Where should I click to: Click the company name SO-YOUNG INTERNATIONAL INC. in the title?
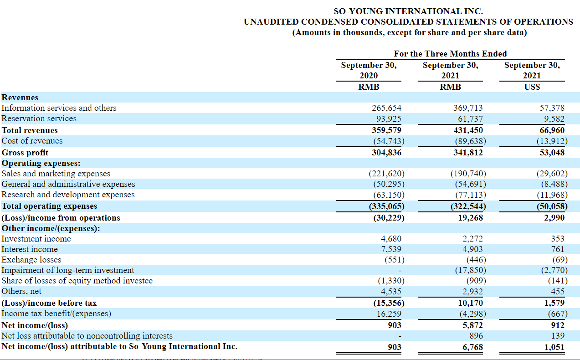tap(408, 11)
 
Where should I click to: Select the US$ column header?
tap(532, 87)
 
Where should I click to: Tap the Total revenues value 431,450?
tap(468, 130)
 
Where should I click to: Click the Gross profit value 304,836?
tap(386, 152)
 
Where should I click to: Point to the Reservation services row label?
tap(39, 118)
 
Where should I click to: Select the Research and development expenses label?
tap(68, 195)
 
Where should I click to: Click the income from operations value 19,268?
tap(470, 217)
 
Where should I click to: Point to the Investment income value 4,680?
tap(391, 238)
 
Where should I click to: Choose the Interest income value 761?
tap(557, 249)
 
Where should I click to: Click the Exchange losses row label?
tap(31, 259)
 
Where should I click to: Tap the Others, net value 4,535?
tap(391, 291)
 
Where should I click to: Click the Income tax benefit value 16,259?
tap(389, 314)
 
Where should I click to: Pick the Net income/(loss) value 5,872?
tap(472, 325)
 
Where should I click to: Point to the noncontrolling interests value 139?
tap(557, 336)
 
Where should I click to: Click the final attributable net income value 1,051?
tap(554, 347)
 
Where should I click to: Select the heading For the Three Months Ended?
tap(450, 54)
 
